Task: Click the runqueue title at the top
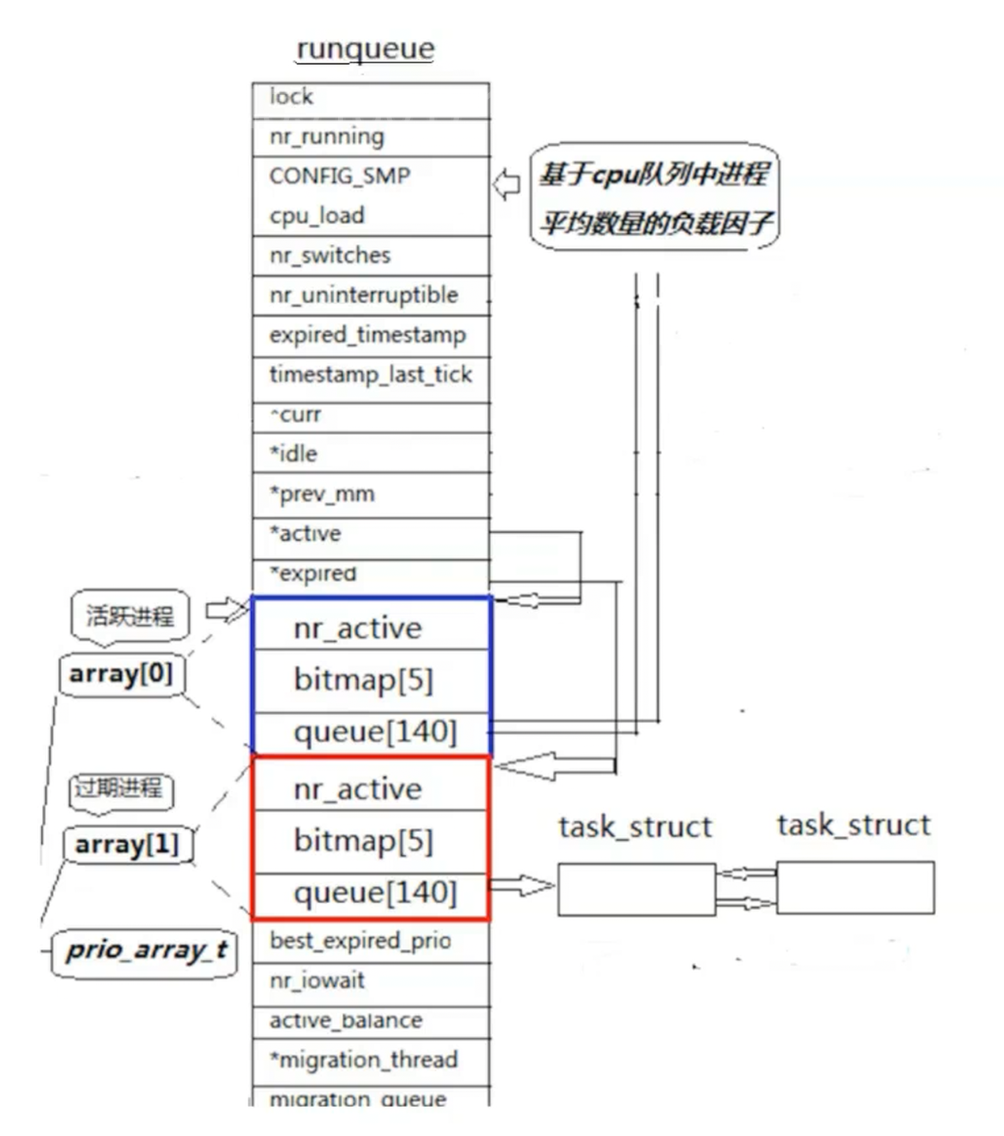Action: pyautogui.click(x=365, y=48)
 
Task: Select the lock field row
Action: pyautogui.click(x=370, y=98)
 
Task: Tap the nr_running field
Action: pyautogui.click(x=370, y=137)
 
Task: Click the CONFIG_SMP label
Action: pyautogui.click(x=340, y=176)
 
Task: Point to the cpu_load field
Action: pyautogui.click(x=317, y=216)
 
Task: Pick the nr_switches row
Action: pyautogui.click(x=370, y=256)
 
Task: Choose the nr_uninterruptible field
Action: pyautogui.click(x=370, y=295)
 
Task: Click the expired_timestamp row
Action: pyautogui.click(x=370, y=336)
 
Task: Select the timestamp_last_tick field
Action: pyautogui.click(x=370, y=375)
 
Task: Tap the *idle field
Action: pyautogui.click(x=370, y=454)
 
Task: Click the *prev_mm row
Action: pyautogui.click(x=370, y=494)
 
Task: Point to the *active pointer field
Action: pyautogui.click(x=370, y=534)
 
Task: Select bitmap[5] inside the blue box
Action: pyautogui.click(x=364, y=680)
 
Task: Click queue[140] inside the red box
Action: pyautogui.click(x=375, y=893)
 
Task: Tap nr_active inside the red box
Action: pyautogui.click(x=358, y=789)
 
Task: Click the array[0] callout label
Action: pyautogui.click(x=121, y=674)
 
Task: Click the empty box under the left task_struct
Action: pyautogui.click(x=636, y=889)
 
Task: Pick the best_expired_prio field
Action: pyautogui.click(x=370, y=941)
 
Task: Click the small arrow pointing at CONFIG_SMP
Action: pyautogui.click(x=507, y=185)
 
